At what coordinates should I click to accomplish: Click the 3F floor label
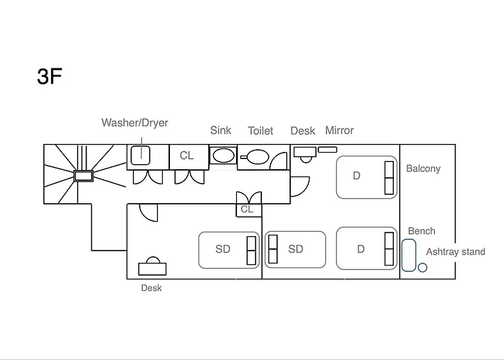coord(50,76)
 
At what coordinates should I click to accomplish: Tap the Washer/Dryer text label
coord(135,123)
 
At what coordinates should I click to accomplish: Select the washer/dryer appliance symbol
coord(140,156)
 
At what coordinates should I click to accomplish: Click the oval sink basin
coord(224,156)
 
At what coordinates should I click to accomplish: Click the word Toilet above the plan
coord(261,131)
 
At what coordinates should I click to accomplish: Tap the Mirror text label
coord(339,130)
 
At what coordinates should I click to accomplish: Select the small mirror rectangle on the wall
coord(328,150)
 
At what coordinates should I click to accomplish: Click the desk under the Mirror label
coord(305,154)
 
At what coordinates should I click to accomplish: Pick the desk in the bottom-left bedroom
coord(153,267)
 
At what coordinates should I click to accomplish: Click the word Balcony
coord(423,168)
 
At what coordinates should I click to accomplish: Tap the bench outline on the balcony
coord(409,255)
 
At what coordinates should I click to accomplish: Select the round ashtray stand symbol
coord(423,267)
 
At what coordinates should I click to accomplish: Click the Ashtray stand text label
coord(456,252)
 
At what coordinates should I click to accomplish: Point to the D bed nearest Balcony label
coord(366,177)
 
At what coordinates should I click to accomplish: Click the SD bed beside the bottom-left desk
coord(229,250)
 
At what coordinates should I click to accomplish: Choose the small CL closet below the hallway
coord(249,210)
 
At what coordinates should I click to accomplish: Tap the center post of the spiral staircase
coord(84,176)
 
